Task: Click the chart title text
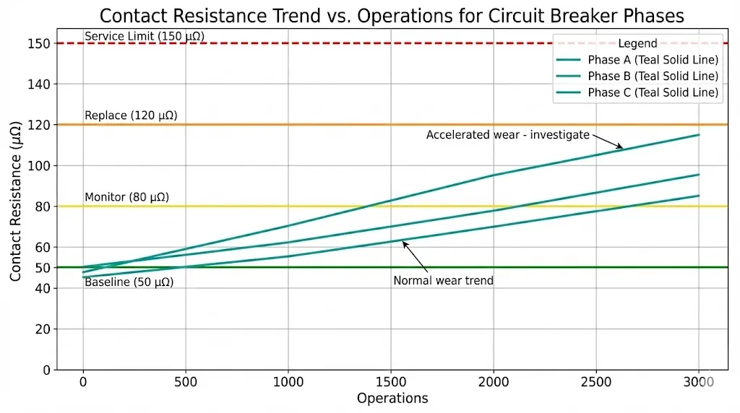pos(391,16)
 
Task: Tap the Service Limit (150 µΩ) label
pos(138,36)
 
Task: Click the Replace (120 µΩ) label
pos(131,116)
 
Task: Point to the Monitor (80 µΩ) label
pos(126,197)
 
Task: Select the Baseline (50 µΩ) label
pos(129,282)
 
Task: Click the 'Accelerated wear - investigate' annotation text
pos(507,135)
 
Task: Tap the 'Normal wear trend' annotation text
pos(443,281)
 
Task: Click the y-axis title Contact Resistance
pos(16,206)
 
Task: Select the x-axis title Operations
pos(392,399)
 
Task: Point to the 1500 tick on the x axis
pos(391,381)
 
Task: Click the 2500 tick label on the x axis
pos(596,381)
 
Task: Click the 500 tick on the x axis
pos(186,381)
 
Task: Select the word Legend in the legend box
pos(637,44)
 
